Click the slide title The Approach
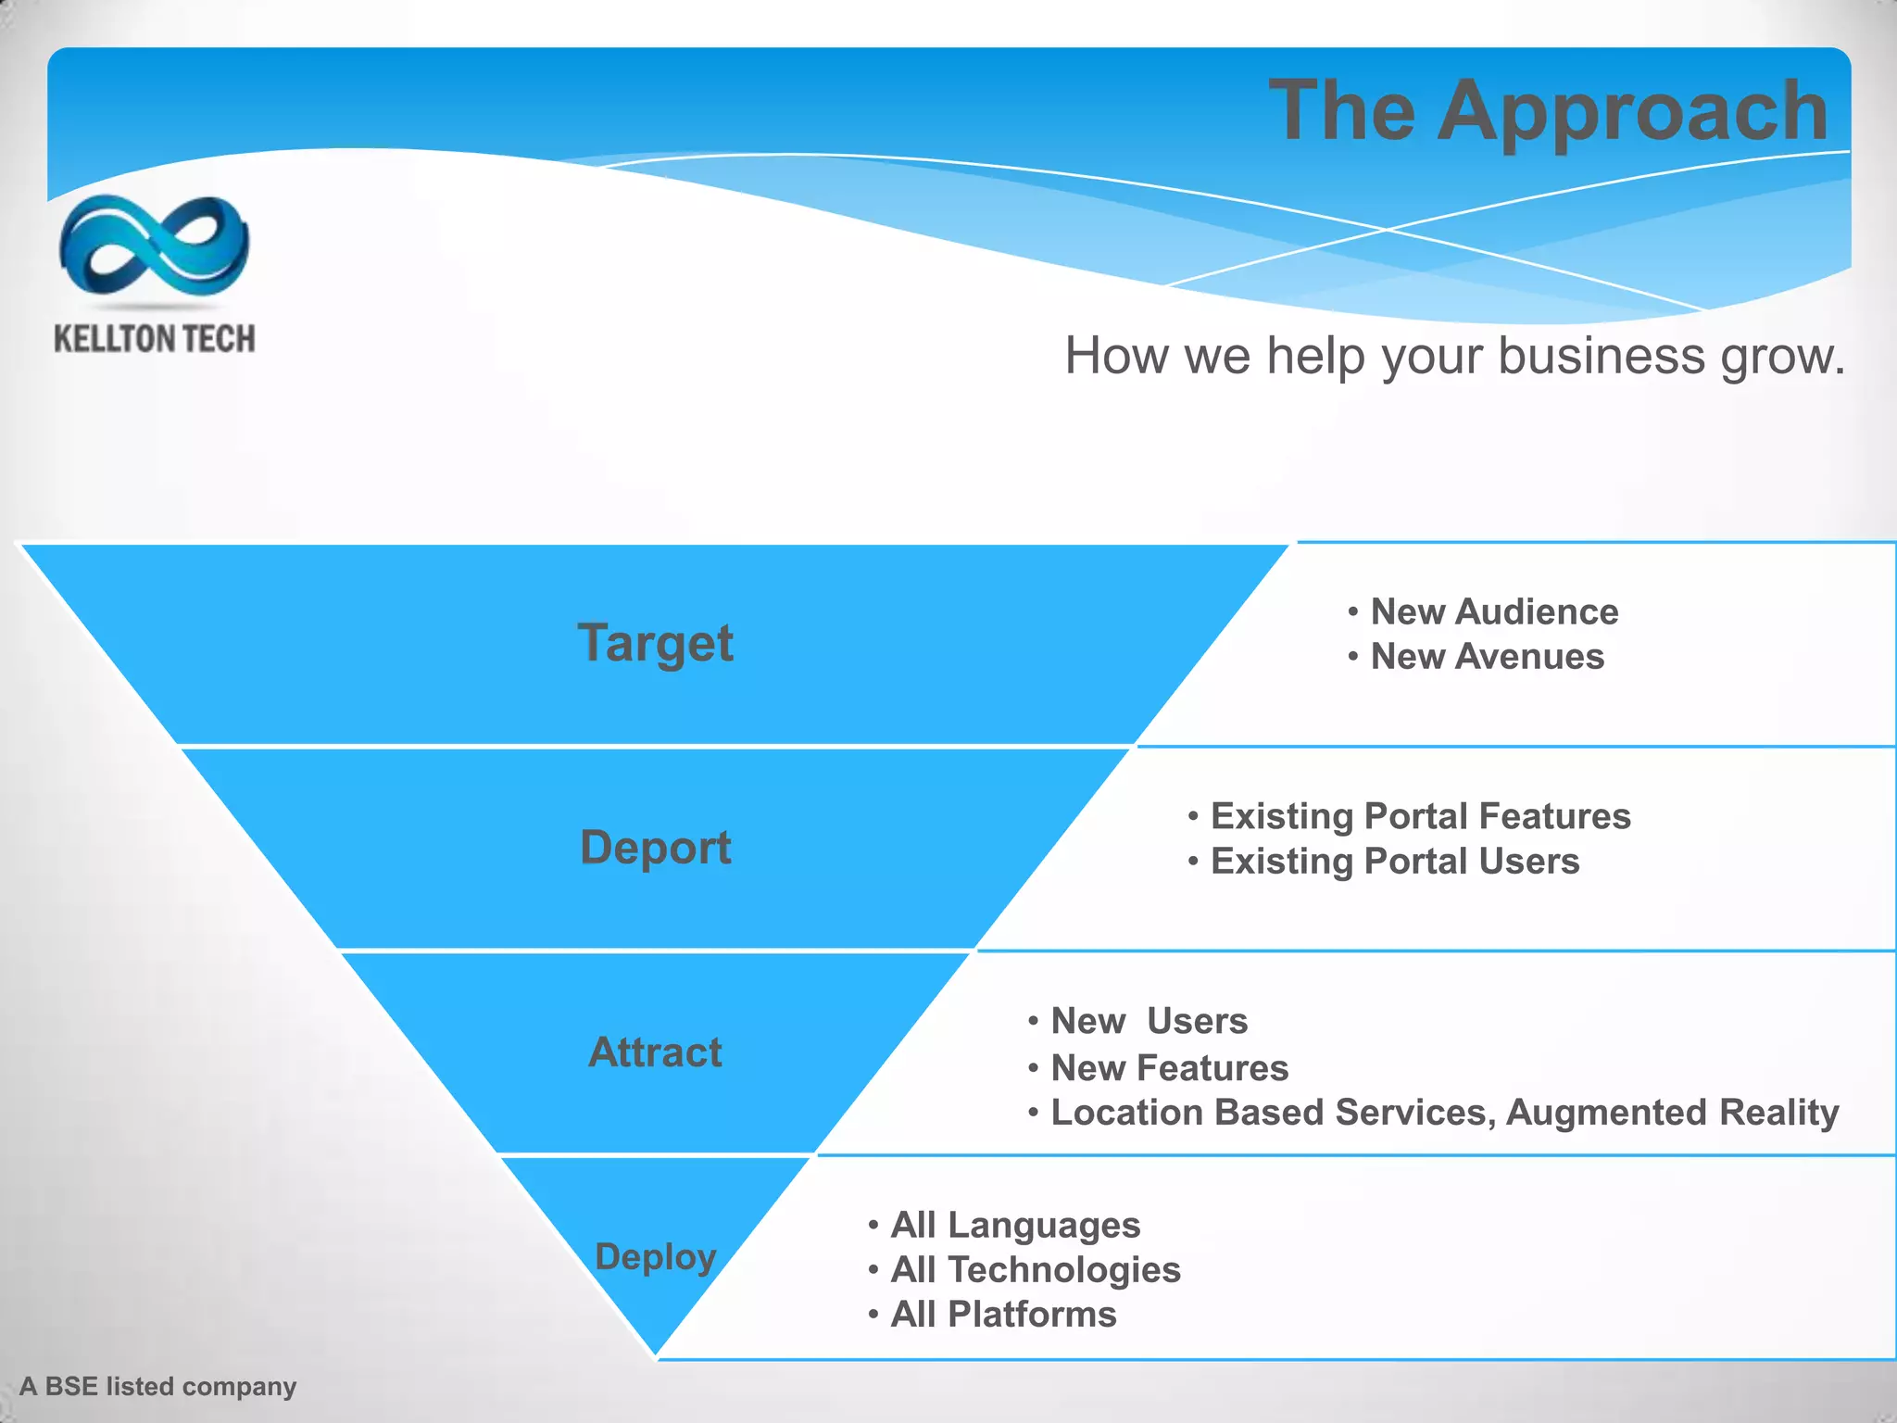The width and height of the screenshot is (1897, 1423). click(1548, 111)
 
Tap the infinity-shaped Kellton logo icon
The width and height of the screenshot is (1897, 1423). click(154, 244)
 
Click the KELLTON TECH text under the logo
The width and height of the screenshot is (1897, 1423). click(154, 339)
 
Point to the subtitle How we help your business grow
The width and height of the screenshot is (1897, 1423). click(1454, 356)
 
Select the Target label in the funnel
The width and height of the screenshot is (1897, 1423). click(655, 643)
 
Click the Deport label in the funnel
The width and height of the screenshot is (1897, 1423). click(655, 848)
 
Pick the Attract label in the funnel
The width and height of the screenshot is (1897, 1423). click(655, 1052)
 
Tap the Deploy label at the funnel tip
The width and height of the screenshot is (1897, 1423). click(655, 1257)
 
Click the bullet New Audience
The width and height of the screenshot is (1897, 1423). click(1493, 612)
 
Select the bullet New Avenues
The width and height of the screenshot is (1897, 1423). click(1487, 657)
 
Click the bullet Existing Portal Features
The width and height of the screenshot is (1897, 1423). click(1420, 816)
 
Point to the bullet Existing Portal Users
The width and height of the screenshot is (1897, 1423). click(1394, 862)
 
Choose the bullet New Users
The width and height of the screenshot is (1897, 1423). click(1149, 1021)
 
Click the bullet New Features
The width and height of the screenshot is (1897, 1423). click(1169, 1068)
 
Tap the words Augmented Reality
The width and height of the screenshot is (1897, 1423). click(1672, 1113)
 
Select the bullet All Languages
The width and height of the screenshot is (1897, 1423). click(1014, 1226)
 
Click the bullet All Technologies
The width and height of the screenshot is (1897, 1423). click(1035, 1270)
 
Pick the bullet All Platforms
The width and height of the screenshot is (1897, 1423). click(1002, 1315)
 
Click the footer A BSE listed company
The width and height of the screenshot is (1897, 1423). click(157, 1387)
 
